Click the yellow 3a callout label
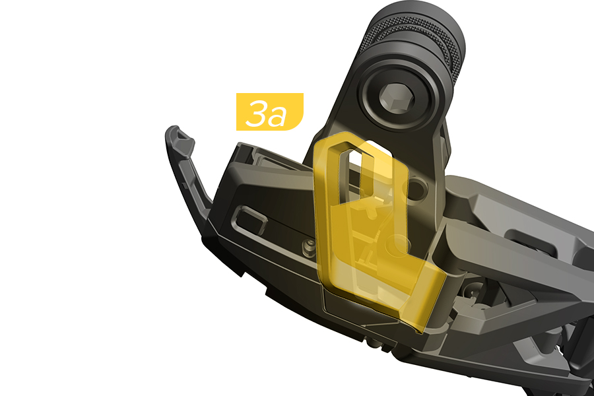pyautogui.click(x=270, y=112)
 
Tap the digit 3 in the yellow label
pyautogui.click(x=257, y=113)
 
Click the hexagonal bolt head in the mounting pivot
pyautogui.click(x=397, y=98)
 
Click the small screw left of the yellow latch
pyautogui.click(x=310, y=247)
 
